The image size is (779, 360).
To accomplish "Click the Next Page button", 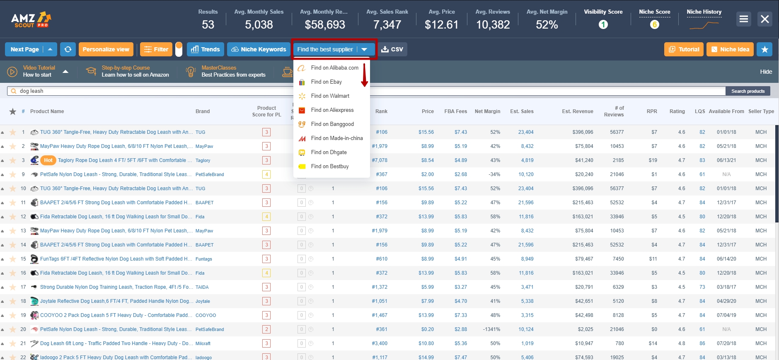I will click(x=25, y=49).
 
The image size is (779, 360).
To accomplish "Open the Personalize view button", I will click(x=106, y=49).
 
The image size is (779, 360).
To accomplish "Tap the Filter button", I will click(x=156, y=49).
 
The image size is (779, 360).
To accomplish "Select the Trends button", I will click(x=206, y=49).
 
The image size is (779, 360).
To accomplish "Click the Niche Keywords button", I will click(x=259, y=49).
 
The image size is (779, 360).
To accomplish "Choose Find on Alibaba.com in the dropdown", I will click(x=334, y=68).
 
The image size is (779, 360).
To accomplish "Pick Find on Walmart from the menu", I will click(x=330, y=96).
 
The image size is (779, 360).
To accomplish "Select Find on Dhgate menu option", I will click(x=329, y=152).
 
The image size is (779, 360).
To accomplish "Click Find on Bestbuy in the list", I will click(x=330, y=167).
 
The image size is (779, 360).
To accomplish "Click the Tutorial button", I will click(x=684, y=49).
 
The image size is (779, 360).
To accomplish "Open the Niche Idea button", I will click(x=730, y=49).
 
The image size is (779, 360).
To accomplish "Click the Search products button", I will click(x=748, y=91).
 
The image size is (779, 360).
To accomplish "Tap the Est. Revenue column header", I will click(x=577, y=111).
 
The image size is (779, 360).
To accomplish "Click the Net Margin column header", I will click(x=487, y=111).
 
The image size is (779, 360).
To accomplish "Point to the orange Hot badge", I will click(x=48, y=160).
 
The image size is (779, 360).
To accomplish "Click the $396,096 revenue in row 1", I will click(x=583, y=132).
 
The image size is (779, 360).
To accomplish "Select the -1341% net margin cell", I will click(x=491, y=329).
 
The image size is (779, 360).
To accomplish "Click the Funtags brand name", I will click(x=203, y=259).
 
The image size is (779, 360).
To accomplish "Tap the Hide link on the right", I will click(x=766, y=72).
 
